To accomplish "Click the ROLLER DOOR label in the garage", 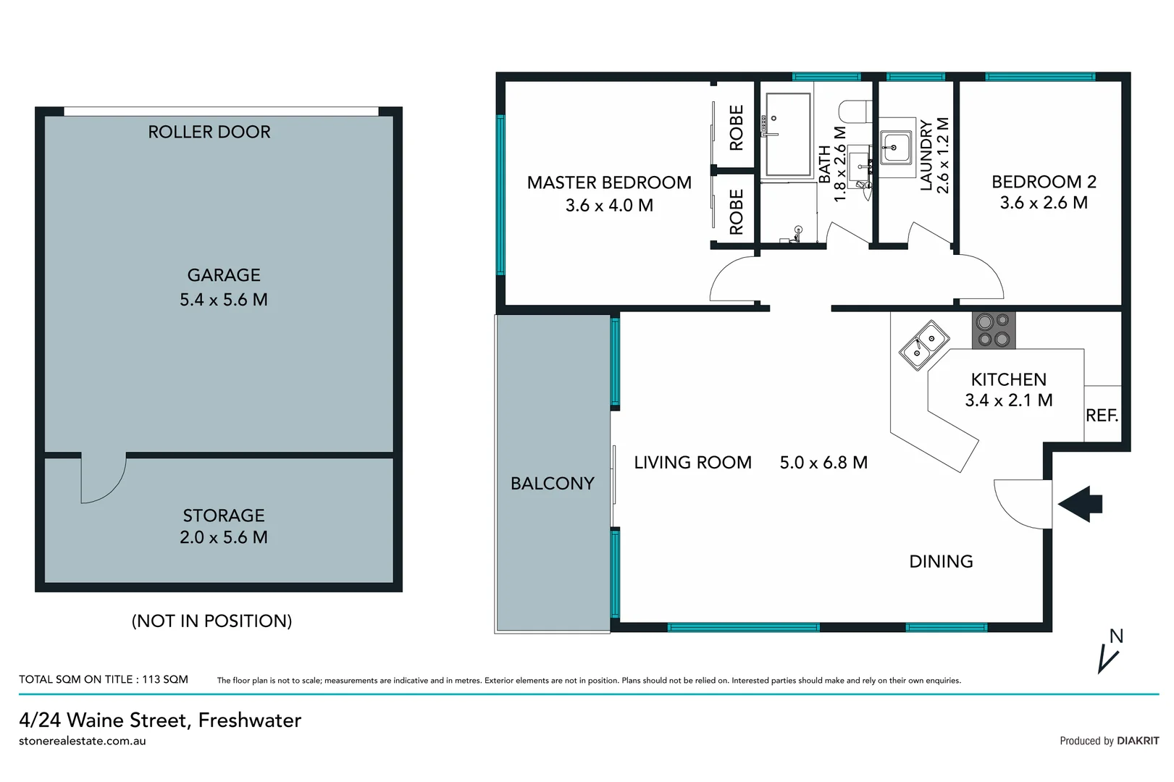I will (x=209, y=132).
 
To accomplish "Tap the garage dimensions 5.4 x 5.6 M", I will (x=224, y=300).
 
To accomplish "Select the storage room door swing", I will (x=101, y=479).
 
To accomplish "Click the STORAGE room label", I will (x=224, y=516).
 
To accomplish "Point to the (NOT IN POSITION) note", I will (x=211, y=621).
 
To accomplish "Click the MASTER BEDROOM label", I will (x=609, y=182).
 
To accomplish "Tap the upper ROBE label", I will (x=737, y=127).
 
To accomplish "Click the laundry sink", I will (x=896, y=148).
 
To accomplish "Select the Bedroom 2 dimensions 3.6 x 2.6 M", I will (x=1044, y=203).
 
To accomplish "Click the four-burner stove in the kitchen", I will (x=993, y=330).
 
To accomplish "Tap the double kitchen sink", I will (x=924, y=345).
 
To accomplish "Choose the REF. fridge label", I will (x=1102, y=416).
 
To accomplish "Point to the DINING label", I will (x=941, y=561).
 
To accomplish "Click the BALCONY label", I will (x=552, y=483).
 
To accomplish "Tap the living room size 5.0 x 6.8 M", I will (x=823, y=463).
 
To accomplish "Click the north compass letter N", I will (x=1116, y=636).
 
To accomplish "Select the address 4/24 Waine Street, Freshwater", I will (x=160, y=720).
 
